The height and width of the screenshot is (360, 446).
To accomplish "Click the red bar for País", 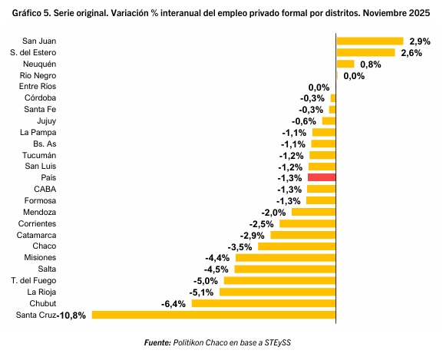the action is (x=322, y=178).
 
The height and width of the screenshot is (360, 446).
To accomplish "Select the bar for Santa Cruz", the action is (x=213, y=315).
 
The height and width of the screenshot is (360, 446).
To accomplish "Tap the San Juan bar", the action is (x=370, y=41).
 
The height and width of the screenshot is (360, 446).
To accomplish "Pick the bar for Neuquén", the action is (x=345, y=64).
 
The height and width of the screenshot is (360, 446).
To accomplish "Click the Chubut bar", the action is (x=263, y=303).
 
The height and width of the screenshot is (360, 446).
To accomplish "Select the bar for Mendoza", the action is (x=314, y=212).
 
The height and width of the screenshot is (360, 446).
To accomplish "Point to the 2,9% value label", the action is (x=420, y=41).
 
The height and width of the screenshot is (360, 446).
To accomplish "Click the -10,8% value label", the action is (x=71, y=315).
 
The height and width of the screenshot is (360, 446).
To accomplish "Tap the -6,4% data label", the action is (x=173, y=304).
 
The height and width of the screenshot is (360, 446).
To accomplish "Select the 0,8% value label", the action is (x=371, y=64).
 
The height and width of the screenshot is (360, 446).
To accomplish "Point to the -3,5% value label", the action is (x=240, y=247).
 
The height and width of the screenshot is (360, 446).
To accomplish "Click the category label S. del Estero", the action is (x=33, y=53).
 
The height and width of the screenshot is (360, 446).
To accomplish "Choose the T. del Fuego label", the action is (x=34, y=281).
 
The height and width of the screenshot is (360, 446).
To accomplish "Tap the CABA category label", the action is (x=45, y=189).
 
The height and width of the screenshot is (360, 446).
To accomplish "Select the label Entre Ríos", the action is (x=38, y=87).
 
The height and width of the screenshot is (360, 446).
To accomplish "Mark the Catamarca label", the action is (x=36, y=235).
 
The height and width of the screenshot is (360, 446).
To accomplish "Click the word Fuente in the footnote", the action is (x=157, y=342).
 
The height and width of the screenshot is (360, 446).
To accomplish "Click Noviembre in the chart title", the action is (x=385, y=13).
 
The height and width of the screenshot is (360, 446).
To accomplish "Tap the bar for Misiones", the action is (x=286, y=258).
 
